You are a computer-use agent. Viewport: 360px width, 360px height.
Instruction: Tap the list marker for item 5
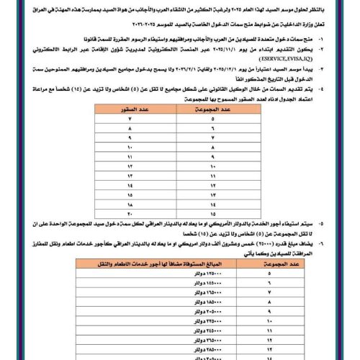[x=330, y=224]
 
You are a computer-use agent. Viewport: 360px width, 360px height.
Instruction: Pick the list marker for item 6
[x=330, y=243]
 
